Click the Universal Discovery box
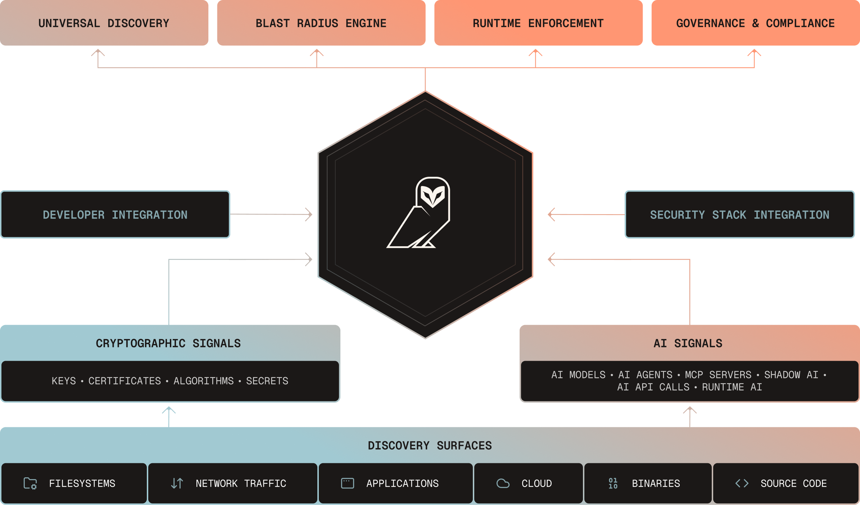tap(104, 23)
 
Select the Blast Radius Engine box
tap(321, 23)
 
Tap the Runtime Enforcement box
tap(538, 23)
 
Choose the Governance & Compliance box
tap(755, 23)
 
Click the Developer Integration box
tap(115, 215)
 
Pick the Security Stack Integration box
tap(739, 215)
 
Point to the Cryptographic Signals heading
tap(168, 343)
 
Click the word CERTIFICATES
tap(125, 381)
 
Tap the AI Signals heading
tap(688, 343)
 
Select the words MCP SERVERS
tap(718, 375)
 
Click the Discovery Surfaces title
tap(430, 446)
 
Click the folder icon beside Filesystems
tap(30, 483)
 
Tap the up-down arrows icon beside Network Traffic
tap(177, 483)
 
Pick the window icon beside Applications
tap(348, 483)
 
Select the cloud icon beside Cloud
tap(503, 483)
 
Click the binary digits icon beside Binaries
tap(613, 483)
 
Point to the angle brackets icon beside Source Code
tap(742, 483)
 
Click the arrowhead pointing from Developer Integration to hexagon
tap(309, 215)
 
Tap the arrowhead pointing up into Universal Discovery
tap(98, 53)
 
